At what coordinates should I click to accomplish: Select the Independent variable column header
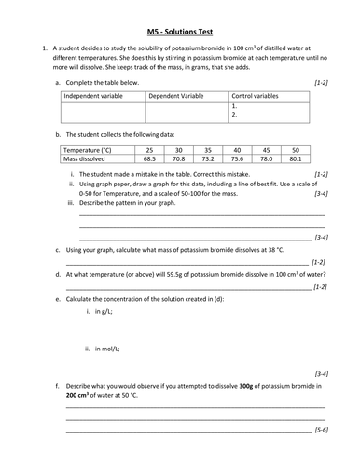pyautogui.click(x=91, y=95)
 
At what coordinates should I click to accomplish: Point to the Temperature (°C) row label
pyautogui.click(x=90, y=149)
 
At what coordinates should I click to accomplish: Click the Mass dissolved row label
pyautogui.click(x=85, y=158)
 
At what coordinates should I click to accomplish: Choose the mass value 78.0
pyautogui.click(x=266, y=158)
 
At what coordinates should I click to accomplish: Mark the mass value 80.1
pyautogui.click(x=295, y=158)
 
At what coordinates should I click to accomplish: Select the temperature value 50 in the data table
pyautogui.click(x=295, y=149)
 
